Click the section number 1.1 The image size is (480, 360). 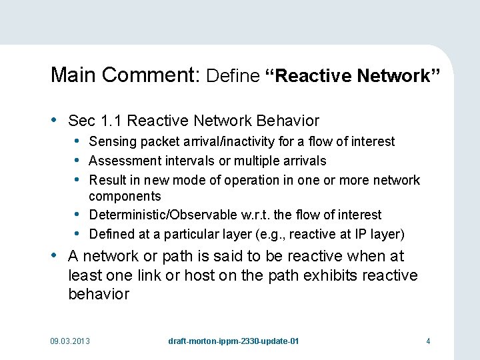[x=111, y=121]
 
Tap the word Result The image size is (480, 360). [x=106, y=180]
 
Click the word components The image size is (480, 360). [x=125, y=196]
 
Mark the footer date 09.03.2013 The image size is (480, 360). [x=70, y=341]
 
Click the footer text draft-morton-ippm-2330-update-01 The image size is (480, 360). [x=233, y=341]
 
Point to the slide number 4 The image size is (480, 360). [x=428, y=341]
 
